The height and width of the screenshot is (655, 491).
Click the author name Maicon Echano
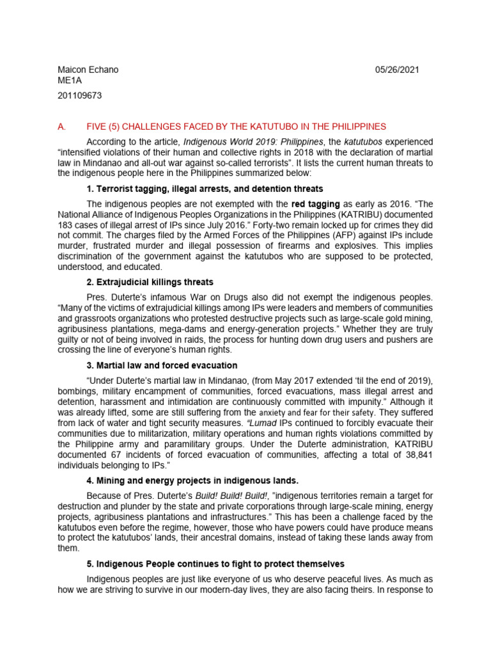coord(89,70)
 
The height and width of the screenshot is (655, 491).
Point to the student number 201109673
coord(79,96)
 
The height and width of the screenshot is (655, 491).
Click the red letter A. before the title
coord(62,127)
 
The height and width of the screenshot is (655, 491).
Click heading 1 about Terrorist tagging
coord(205,189)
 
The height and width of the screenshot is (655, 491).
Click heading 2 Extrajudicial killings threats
coord(150,282)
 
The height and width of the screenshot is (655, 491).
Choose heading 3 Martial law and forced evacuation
coord(162,365)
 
